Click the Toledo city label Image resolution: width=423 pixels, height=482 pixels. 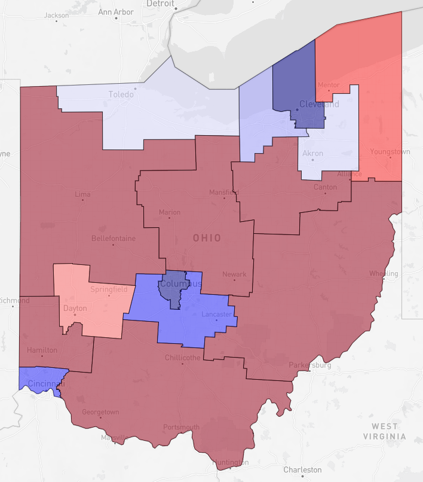click(121, 94)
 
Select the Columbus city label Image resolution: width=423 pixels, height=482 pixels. click(180, 283)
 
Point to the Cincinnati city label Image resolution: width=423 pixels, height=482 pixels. click(44, 383)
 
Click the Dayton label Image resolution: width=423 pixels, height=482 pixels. click(75, 309)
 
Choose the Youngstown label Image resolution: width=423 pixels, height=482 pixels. click(390, 152)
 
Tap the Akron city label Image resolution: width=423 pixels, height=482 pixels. click(312, 154)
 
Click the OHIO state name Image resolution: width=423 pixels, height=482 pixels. click(207, 238)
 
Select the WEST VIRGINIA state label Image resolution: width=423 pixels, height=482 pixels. click(384, 431)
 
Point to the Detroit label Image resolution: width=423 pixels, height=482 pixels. click(161, 4)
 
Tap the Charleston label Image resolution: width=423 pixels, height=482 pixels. click(302, 469)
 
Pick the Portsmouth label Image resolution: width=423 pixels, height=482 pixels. click(181, 427)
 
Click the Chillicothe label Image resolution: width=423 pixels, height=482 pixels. click(182, 358)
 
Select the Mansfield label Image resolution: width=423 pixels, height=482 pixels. click(223, 193)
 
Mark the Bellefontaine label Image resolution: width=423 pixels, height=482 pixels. click(114, 238)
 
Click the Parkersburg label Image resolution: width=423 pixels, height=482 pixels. click(309, 365)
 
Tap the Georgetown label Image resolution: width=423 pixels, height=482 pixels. click(100, 412)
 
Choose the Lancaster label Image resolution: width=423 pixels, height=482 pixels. click(216, 313)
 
